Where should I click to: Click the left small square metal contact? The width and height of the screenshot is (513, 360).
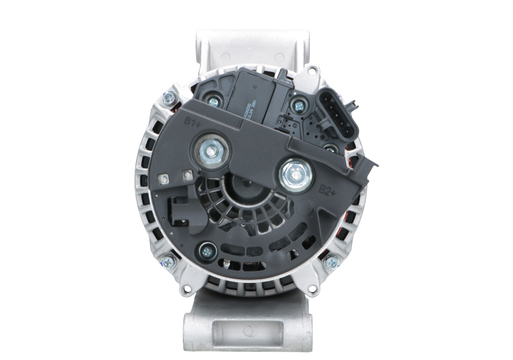click(164, 176)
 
